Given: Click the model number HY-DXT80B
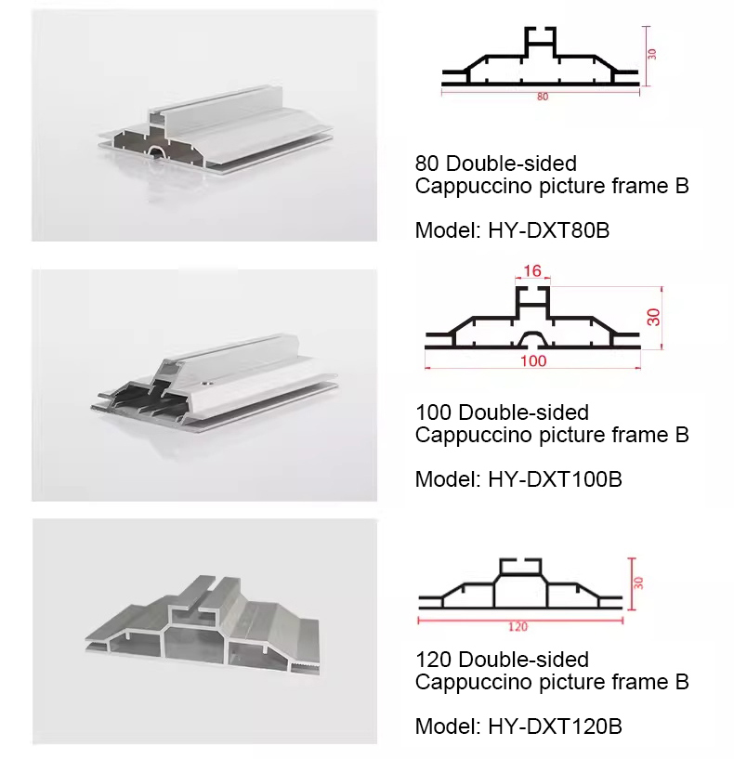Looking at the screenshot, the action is click(548, 230).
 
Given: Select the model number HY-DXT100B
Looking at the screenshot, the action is click(555, 479).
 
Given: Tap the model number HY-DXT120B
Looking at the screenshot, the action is click(555, 726).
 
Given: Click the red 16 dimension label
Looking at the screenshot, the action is click(532, 270).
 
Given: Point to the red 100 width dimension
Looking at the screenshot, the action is click(533, 360).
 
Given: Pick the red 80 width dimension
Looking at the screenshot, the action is click(543, 97).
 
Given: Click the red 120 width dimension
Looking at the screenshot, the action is click(518, 627).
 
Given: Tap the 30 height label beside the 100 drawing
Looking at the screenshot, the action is click(653, 317).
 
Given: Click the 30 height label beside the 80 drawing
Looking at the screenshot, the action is click(651, 54).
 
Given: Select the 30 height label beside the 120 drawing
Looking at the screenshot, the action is click(638, 582).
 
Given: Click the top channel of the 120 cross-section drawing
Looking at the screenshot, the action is click(520, 567).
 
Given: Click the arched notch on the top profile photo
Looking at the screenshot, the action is click(156, 151).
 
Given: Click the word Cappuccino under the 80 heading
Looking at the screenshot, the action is click(474, 187).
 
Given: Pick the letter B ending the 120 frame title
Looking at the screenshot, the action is click(682, 682).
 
